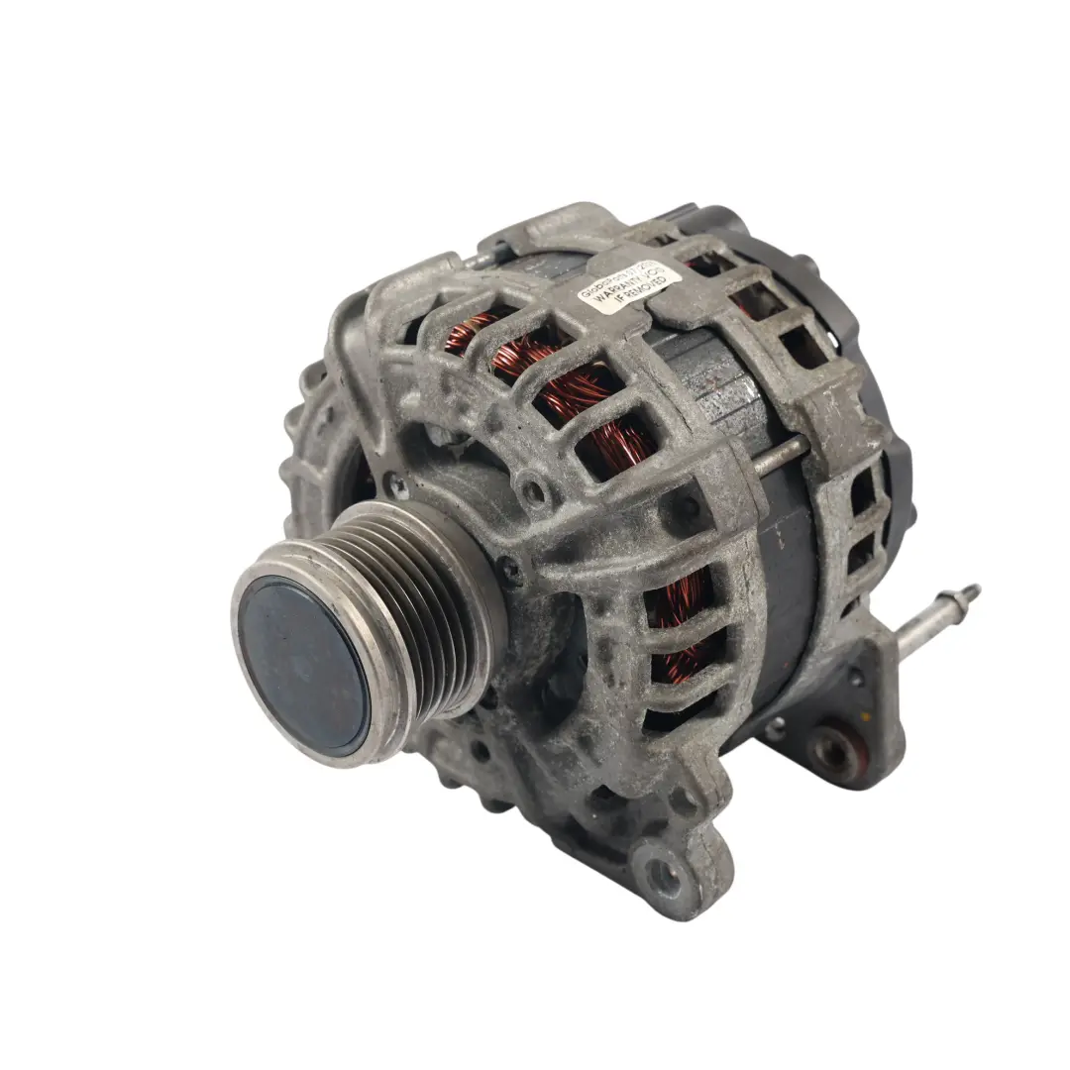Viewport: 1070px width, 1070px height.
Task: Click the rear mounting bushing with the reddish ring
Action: pos(834,753)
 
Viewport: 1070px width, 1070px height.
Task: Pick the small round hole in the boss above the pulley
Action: pos(536,489)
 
